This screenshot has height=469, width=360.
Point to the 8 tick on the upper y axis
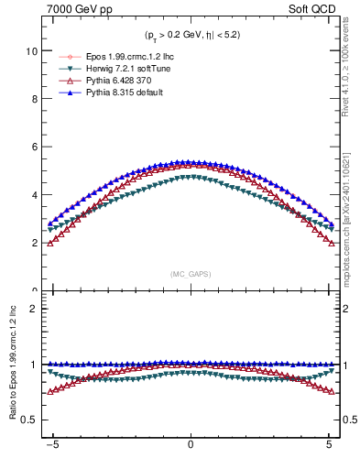36,100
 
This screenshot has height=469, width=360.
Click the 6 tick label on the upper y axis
36,147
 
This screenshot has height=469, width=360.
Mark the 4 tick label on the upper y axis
36,195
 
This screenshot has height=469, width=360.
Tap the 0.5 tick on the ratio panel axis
30,420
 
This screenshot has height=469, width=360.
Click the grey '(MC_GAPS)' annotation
190,274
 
